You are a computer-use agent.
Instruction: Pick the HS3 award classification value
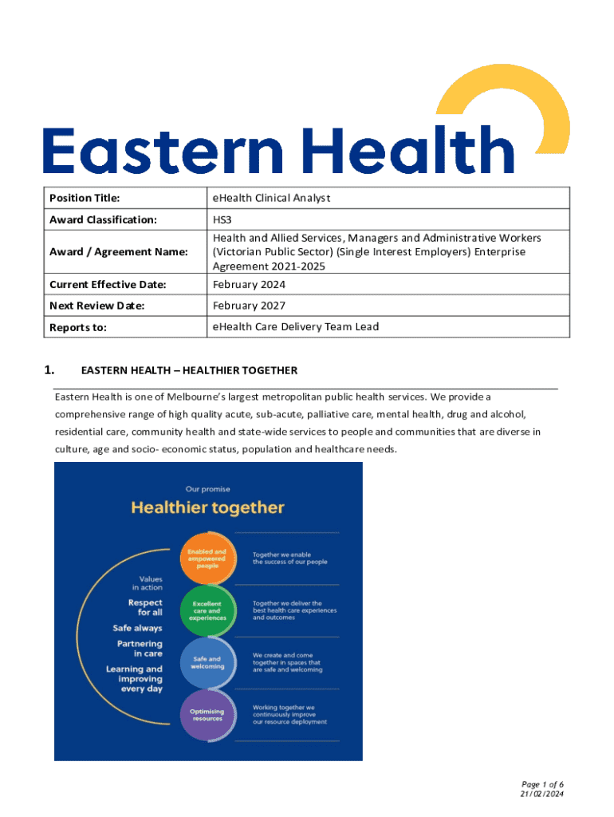(x=222, y=219)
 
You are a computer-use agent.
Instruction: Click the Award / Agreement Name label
(x=119, y=252)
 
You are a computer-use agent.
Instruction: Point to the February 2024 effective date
(x=248, y=285)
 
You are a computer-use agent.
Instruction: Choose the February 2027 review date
(x=248, y=306)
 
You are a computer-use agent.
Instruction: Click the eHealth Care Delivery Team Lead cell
(x=295, y=326)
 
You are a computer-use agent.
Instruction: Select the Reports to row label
(x=78, y=327)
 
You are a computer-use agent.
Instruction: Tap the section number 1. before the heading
(x=49, y=370)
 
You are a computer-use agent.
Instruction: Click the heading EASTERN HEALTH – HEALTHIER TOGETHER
(x=189, y=370)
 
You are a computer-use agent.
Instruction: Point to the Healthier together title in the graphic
(x=207, y=507)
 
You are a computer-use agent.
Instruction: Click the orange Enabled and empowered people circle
(x=207, y=558)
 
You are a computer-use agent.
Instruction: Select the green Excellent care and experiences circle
(x=207, y=611)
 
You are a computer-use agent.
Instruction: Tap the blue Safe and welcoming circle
(x=207, y=662)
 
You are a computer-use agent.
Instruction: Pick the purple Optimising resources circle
(x=207, y=715)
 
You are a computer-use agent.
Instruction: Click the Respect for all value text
(x=145, y=607)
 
